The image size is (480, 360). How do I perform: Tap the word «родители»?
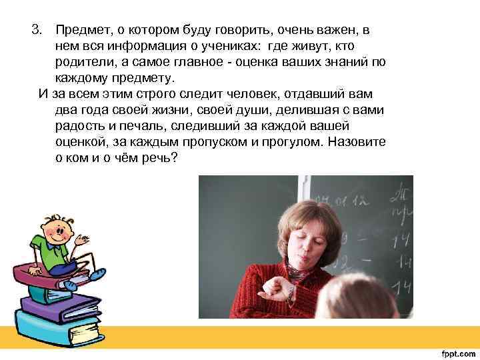pos(83,61)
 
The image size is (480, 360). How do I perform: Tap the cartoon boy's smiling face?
pos(57,229)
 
